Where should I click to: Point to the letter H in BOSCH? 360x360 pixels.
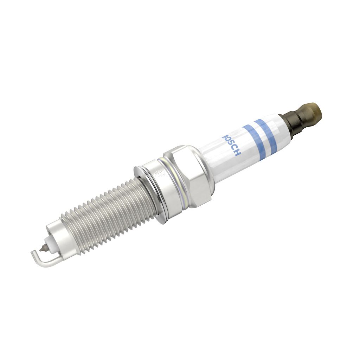coord(238,154)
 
